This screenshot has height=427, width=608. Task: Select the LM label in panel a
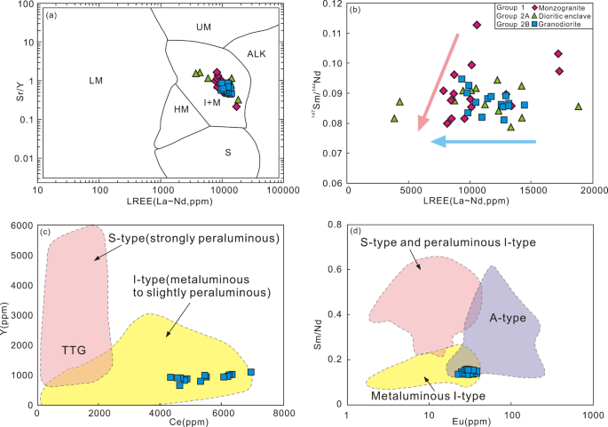coord(96,82)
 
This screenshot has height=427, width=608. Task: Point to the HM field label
coord(181,109)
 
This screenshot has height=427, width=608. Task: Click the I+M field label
coord(212,104)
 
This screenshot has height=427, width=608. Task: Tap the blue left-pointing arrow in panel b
coord(484,141)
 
